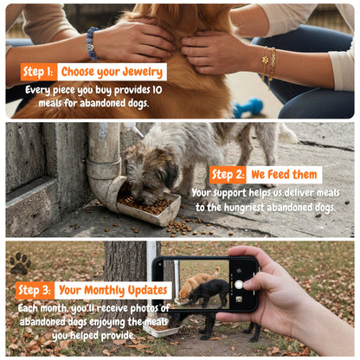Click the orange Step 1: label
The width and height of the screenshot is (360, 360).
coord(39,72)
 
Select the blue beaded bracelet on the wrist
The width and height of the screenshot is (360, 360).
coord(92,43)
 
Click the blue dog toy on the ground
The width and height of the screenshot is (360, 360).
coord(247,107)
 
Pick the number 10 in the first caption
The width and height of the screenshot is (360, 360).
coord(157,90)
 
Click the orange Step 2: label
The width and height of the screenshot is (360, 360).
coord(228,175)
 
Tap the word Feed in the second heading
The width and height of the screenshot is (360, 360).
coord(278,175)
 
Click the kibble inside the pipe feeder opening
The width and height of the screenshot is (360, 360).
coord(145,203)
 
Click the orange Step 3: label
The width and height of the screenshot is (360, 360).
coord(35,290)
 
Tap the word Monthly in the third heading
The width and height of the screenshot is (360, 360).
coord(104,290)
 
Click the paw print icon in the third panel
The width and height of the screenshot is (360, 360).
coord(20,263)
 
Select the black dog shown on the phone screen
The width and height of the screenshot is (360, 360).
coord(209,291)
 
